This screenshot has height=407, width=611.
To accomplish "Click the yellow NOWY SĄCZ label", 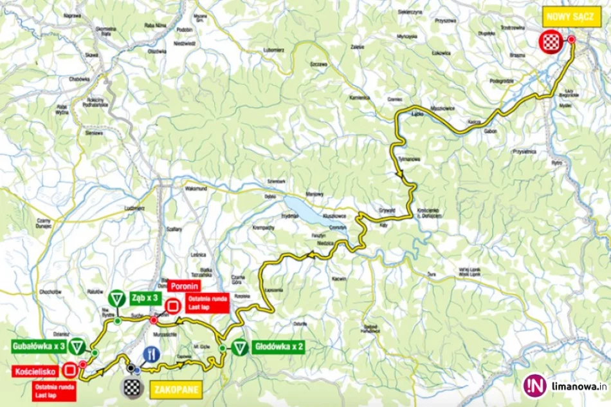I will (563, 17).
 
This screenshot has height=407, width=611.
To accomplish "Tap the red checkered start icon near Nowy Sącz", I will (549, 41).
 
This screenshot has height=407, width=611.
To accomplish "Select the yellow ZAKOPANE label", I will (176, 389).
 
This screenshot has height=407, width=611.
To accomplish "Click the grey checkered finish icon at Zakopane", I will (131, 386).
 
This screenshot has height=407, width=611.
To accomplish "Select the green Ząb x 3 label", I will (145, 298).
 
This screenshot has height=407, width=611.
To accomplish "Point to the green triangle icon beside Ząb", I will (116, 299).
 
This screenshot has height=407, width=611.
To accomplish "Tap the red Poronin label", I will (183, 286).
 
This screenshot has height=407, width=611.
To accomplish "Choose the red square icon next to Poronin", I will (173, 307).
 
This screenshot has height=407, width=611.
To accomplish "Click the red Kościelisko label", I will (36, 371).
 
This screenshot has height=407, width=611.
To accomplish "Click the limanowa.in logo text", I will (576, 386).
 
